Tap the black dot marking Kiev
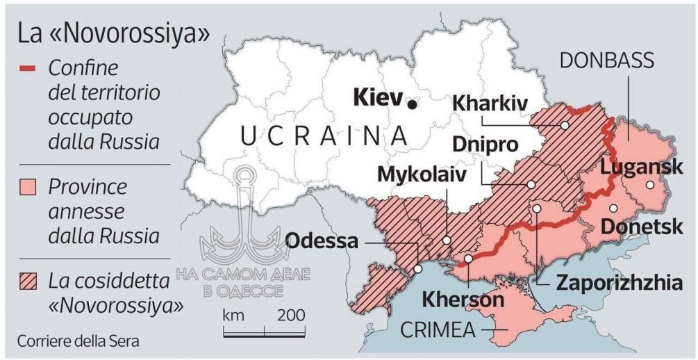413,104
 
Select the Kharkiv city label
490,103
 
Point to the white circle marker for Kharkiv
565,125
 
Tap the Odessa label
322,241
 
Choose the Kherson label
463,300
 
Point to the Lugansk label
642,167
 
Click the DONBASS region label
607,60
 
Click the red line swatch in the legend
28,69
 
